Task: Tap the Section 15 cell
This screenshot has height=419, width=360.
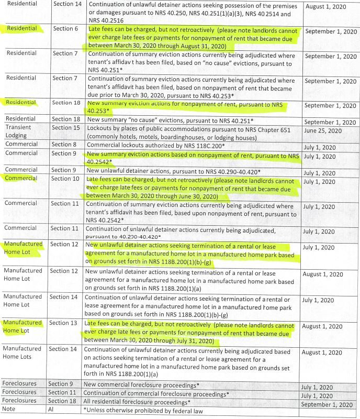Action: [65, 128]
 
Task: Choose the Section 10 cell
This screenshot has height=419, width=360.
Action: [65, 179]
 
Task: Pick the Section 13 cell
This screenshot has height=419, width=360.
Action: [65, 323]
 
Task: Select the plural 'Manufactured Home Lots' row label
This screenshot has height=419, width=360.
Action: [22, 352]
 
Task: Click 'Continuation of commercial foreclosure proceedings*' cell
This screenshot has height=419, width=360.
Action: [157, 392]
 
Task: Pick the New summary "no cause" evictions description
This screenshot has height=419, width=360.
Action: [160, 119]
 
